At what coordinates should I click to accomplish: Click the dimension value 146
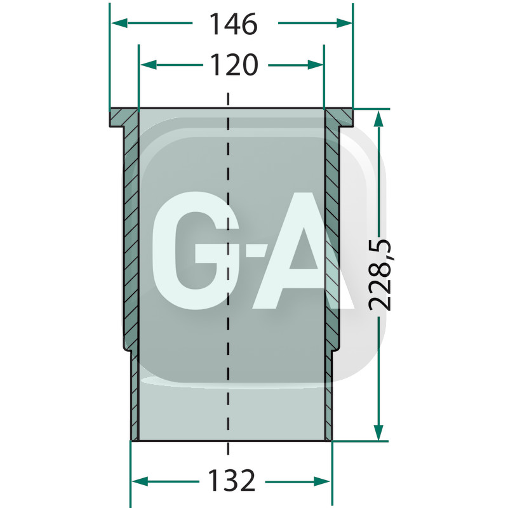[x=233, y=24]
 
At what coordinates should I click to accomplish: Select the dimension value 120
[x=234, y=65]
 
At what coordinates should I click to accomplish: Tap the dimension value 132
[x=232, y=481]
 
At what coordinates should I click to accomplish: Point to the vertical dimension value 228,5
[x=380, y=276]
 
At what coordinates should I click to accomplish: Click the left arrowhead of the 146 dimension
[x=119, y=23]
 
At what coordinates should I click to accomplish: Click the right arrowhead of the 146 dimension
[x=344, y=23]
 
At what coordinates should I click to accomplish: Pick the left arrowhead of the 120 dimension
[x=149, y=65]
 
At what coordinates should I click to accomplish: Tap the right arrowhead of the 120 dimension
[x=315, y=65]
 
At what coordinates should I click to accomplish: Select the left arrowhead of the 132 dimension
[x=140, y=481]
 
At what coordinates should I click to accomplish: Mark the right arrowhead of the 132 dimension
[x=323, y=481]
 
